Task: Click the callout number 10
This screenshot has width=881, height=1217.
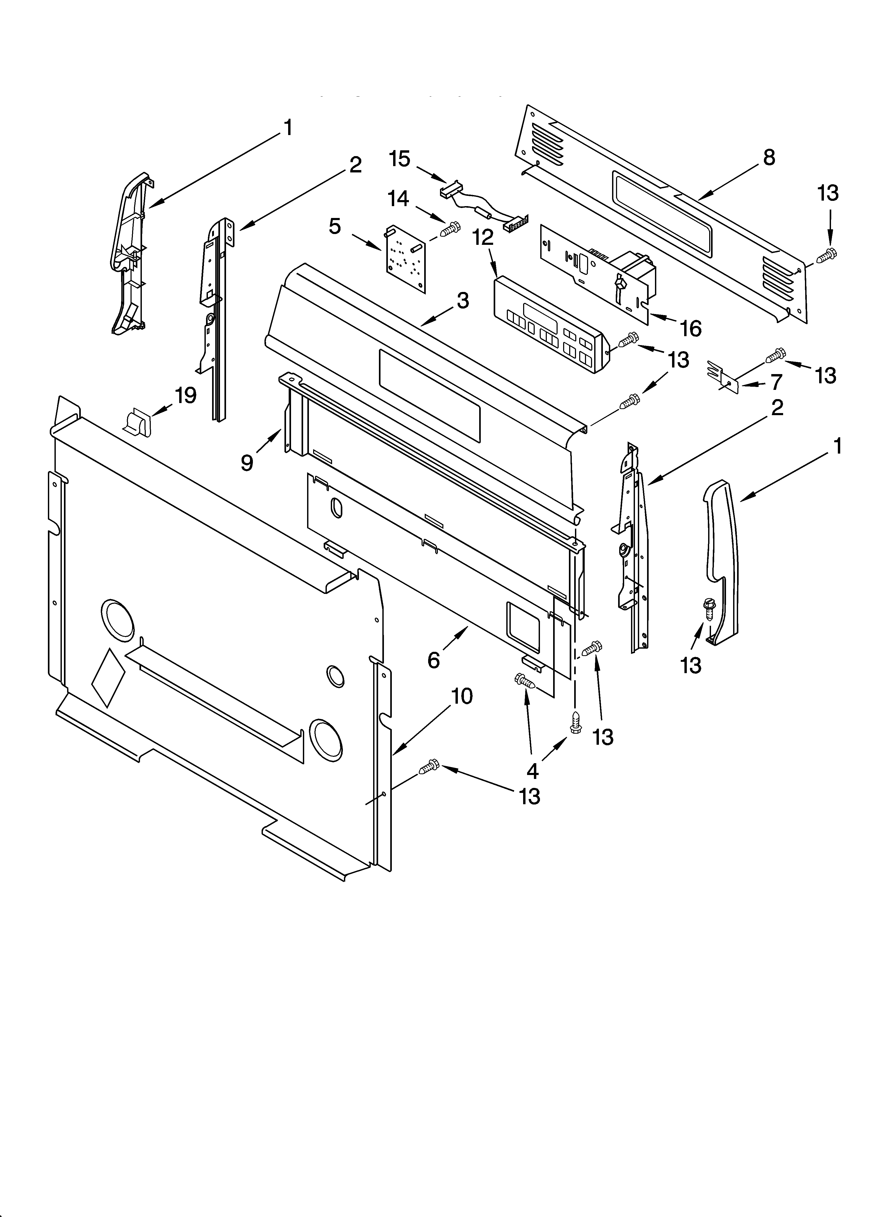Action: (462, 697)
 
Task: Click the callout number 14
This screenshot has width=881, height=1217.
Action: (398, 199)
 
